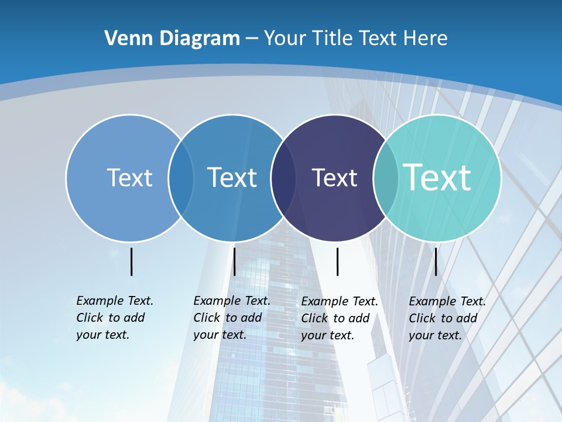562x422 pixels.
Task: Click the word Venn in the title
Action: [x=125, y=38]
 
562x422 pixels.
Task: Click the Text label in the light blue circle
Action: [x=129, y=178]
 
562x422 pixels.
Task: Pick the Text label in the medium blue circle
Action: [x=232, y=178]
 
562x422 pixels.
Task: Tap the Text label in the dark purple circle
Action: [x=334, y=178]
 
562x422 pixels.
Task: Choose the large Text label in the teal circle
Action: [x=437, y=178]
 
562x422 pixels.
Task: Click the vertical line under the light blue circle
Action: [x=132, y=261]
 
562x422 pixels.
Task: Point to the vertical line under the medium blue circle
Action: [x=234, y=261]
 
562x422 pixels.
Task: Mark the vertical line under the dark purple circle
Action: [x=337, y=261]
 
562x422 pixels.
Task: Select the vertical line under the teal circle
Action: [x=436, y=261]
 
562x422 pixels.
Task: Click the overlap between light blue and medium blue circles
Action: [x=181, y=178]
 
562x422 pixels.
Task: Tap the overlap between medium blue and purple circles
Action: [x=283, y=178]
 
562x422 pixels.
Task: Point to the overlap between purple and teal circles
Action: [x=386, y=178]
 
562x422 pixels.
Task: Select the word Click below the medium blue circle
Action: [x=207, y=318]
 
